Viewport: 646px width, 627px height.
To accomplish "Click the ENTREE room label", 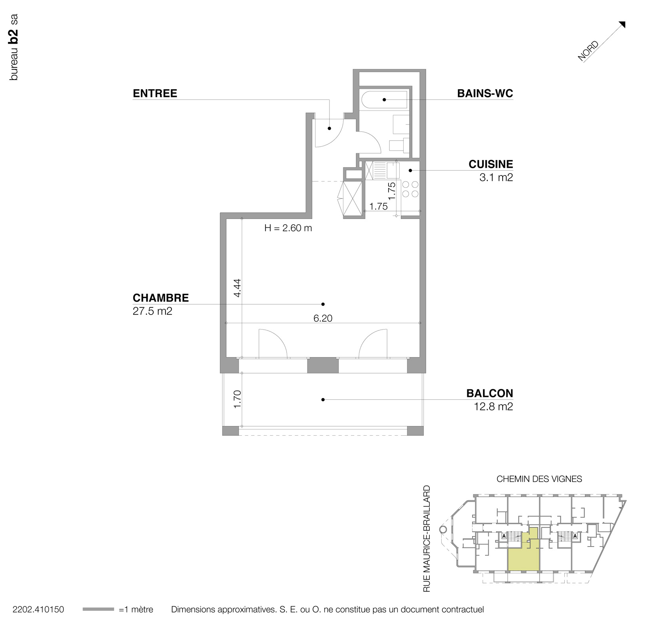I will (155, 93).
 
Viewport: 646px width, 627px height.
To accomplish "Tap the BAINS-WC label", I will (485, 93).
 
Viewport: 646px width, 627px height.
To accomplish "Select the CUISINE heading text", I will (490, 164).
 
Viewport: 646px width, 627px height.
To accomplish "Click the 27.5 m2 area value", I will (152, 311).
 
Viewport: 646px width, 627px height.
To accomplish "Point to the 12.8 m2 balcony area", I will (493, 406).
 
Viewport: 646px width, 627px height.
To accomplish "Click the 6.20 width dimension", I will (323, 318).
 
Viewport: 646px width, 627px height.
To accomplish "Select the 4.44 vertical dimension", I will (237, 288).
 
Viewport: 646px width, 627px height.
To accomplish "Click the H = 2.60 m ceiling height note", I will (288, 228).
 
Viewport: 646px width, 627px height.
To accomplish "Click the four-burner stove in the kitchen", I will (410, 189).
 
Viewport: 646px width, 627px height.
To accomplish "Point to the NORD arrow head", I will (622, 25).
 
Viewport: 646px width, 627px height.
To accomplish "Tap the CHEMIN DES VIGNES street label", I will (539, 479).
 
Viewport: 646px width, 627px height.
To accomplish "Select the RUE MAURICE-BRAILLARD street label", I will (427, 539).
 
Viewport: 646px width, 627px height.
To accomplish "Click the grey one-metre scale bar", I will (98, 610).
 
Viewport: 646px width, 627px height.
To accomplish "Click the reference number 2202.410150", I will (38, 610).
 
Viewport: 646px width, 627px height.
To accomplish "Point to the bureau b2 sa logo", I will (13, 48).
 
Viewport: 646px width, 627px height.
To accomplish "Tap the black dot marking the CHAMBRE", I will (323, 304).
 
